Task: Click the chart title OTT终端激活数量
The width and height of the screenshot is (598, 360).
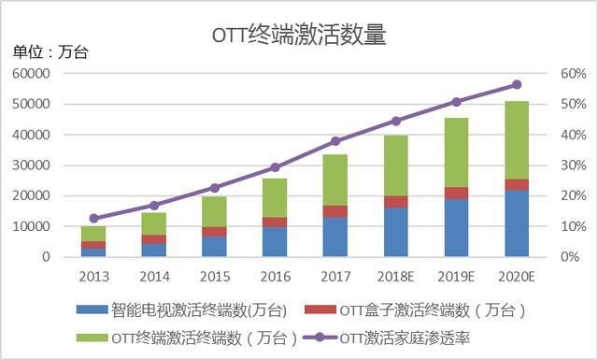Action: click(298, 36)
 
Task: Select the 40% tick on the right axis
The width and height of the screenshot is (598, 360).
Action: click(547, 135)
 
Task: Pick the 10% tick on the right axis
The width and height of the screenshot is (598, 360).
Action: click(547, 226)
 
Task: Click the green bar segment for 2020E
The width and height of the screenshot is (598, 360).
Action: click(516, 140)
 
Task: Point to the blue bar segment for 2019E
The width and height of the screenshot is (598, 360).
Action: click(456, 227)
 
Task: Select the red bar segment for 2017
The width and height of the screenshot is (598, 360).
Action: click(335, 211)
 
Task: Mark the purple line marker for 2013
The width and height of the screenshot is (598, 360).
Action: click(93, 218)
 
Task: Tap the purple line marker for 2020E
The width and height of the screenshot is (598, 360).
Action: click(516, 84)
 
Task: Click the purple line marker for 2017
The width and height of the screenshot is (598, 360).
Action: click(335, 141)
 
